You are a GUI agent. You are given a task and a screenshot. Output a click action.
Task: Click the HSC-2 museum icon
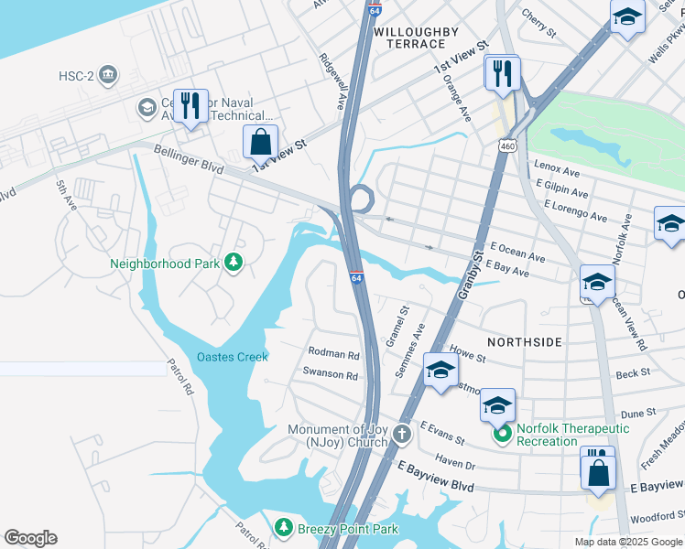coord(108,73)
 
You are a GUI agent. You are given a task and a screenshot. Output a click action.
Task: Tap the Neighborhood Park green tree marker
coord(234,264)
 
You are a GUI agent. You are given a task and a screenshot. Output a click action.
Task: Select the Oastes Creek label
coord(232,357)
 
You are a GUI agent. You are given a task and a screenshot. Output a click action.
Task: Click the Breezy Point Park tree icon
coord(284,528)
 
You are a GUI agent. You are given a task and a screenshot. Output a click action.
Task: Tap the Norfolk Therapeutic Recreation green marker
coord(502,435)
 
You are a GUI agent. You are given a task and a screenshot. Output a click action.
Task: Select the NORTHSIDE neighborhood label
coord(524,341)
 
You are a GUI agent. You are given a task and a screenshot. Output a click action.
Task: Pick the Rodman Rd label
coord(333,353)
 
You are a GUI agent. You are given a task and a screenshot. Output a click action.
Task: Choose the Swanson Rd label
coord(330,373)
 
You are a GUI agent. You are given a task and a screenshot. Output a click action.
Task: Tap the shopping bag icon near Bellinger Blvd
coord(261,142)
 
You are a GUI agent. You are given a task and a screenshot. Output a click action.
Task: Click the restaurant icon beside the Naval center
coord(190,105)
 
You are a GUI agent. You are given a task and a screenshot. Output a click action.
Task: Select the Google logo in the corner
coord(30,538)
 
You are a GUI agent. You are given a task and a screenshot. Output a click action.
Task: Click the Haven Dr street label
coord(455,465)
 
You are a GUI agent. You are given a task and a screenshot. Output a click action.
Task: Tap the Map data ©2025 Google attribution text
coord(627,542)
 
